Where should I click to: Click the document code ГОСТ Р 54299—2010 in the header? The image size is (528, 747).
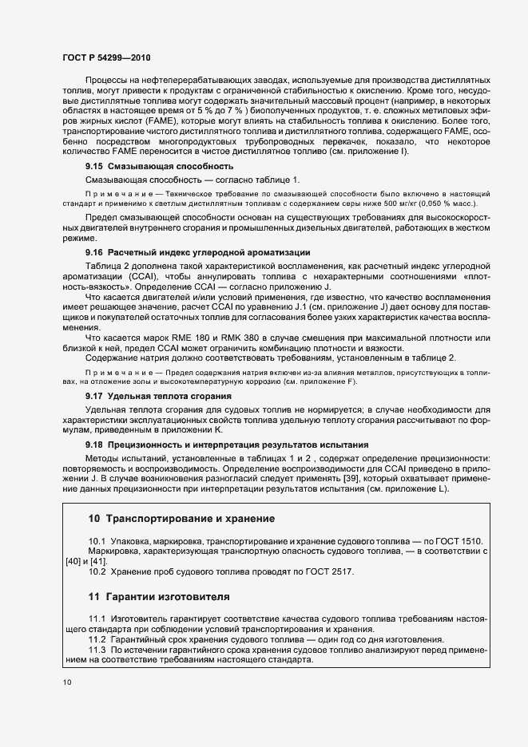[x=106, y=58]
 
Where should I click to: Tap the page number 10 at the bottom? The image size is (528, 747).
[x=66, y=682]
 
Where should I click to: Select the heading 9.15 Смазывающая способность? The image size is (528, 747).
[x=159, y=166]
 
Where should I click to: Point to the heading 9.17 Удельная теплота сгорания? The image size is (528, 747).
[x=159, y=395]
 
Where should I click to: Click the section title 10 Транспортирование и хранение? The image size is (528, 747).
[x=181, y=518]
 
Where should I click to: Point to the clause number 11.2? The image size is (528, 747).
[x=97, y=640]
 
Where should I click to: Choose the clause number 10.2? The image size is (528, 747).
[x=97, y=571]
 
